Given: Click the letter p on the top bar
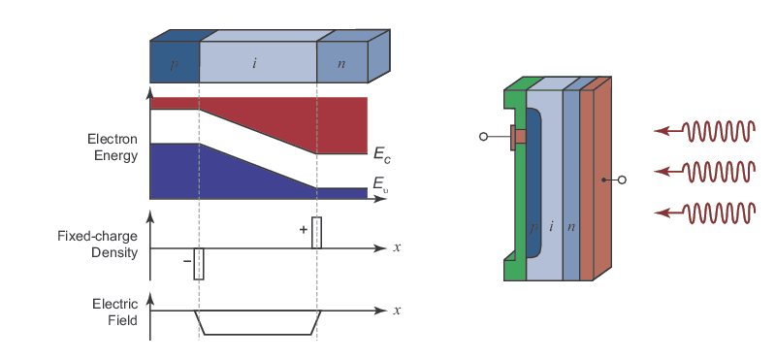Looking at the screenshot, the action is point(174,65).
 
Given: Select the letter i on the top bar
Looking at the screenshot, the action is point(254,63).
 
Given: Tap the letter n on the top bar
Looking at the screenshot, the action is point(341,63).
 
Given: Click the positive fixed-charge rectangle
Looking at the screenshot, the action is point(317,232).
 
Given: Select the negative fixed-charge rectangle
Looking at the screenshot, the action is point(199,264).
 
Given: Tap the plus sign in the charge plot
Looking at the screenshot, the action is point(304,230).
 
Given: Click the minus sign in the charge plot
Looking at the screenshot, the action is point(187,261).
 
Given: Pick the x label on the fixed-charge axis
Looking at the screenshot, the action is point(397,247).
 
